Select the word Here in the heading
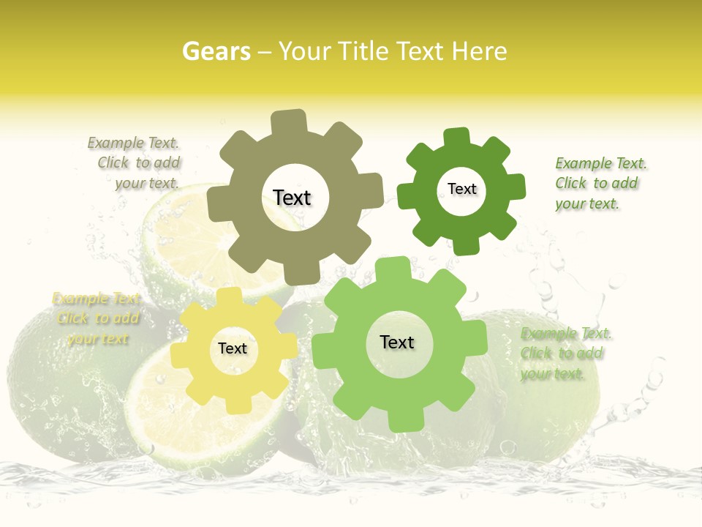[479, 51]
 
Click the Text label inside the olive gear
[292, 198]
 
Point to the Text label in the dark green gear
[461, 189]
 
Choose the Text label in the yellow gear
[233, 348]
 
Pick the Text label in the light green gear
[397, 342]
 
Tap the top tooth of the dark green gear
[457, 138]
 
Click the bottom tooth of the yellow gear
[235, 403]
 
